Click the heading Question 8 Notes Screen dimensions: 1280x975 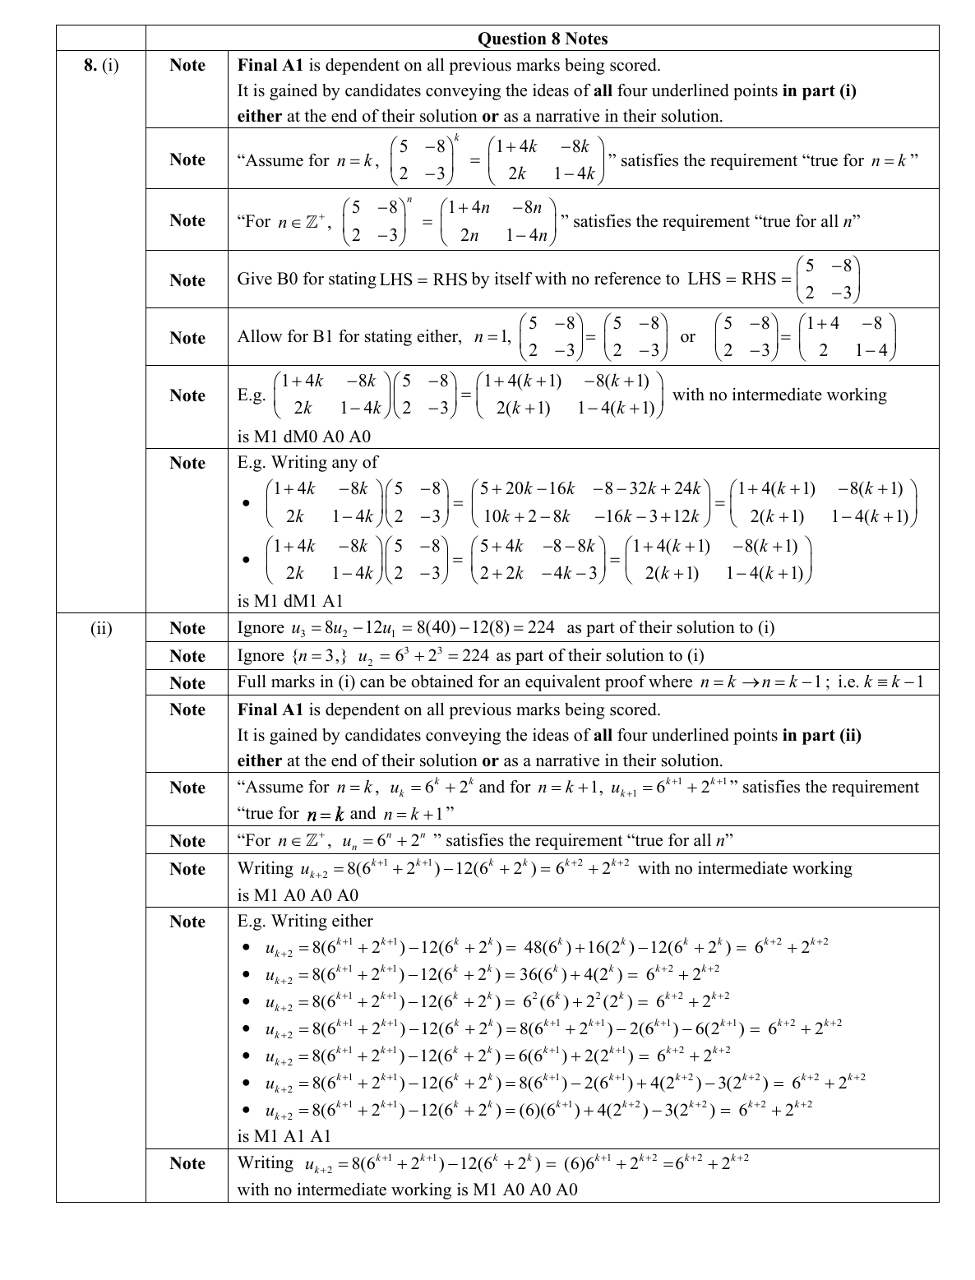(x=543, y=39)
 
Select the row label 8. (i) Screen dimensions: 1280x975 (x=101, y=65)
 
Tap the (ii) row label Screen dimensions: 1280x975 (x=101, y=628)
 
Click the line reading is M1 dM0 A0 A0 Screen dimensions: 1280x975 (x=303, y=436)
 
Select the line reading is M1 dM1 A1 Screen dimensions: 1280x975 (x=289, y=601)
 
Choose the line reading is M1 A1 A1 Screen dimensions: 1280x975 (x=284, y=1136)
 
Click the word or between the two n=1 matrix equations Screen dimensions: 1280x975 (x=687, y=337)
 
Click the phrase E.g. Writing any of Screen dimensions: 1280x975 (x=307, y=462)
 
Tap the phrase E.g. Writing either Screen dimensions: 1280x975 (x=305, y=921)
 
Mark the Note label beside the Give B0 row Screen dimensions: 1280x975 (x=187, y=280)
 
